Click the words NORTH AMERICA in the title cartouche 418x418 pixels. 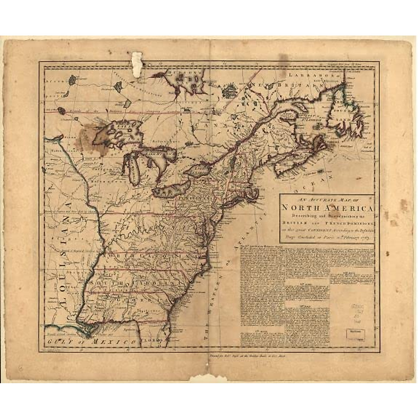point(326,208)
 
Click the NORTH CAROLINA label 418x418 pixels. point(150,256)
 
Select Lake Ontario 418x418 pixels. point(197,171)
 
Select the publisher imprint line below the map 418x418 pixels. point(251,356)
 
